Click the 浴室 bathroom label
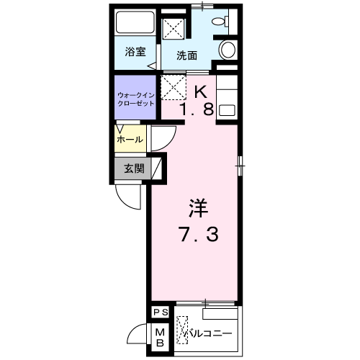pyautogui.click(x=135, y=51)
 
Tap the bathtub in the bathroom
pyautogui.click(x=135, y=22)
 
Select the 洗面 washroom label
pyautogui.click(x=187, y=55)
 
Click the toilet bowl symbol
pyautogui.click(x=220, y=21)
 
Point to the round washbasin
pyautogui.click(x=228, y=50)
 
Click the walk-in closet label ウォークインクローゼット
pyautogui.click(x=135, y=99)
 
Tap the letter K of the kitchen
pyautogui.click(x=201, y=91)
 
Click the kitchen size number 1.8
pyautogui.click(x=197, y=109)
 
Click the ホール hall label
pyautogui.click(x=130, y=140)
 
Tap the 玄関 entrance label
pyautogui.click(x=134, y=168)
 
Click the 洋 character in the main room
pyautogui.click(x=199, y=208)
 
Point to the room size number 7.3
pyautogui.click(x=199, y=235)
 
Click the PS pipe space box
pyautogui.click(x=161, y=312)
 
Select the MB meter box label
pyautogui.click(x=160, y=338)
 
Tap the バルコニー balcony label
pyautogui.click(x=208, y=333)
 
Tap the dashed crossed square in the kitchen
pyautogui.click(x=174, y=87)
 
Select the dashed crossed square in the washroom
pyautogui.click(x=174, y=28)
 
